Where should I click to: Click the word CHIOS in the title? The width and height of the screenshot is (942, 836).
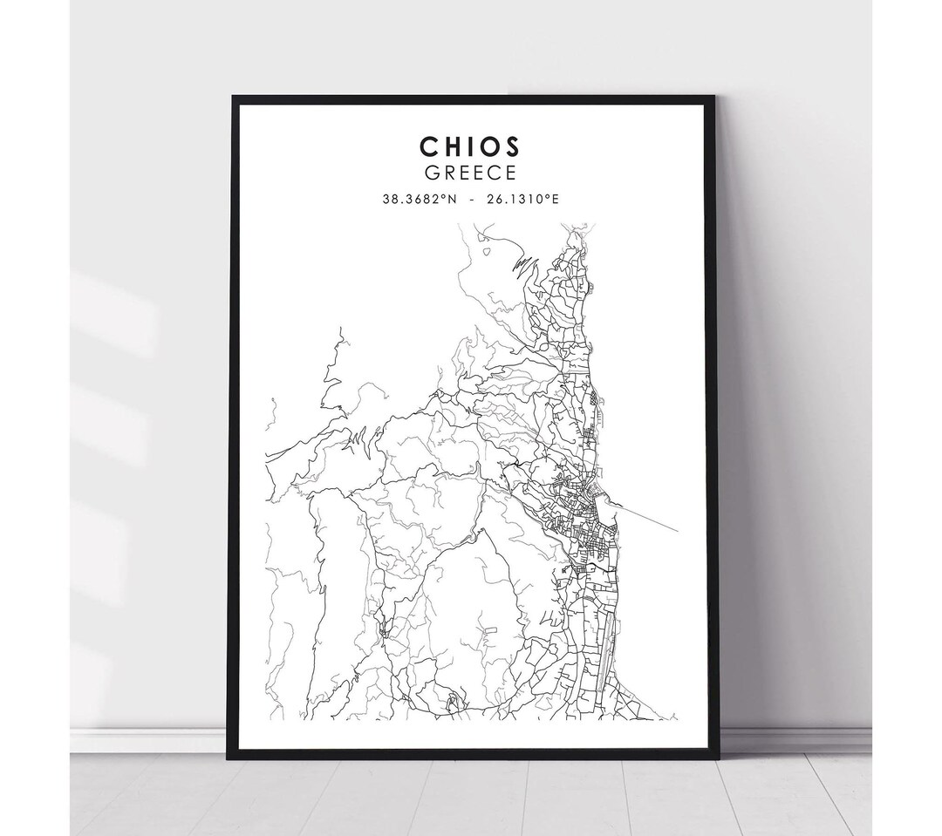coord(469,145)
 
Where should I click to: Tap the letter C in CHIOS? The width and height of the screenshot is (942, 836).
coord(429,145)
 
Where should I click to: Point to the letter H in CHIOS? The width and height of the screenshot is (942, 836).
coord(454,145)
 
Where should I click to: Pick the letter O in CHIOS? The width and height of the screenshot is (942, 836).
coord(489,145)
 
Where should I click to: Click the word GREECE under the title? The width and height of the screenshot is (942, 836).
coord(469,173)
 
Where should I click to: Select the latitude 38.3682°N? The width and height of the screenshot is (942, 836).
coord(419,200)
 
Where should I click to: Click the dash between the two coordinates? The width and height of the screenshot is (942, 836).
coord(472,200)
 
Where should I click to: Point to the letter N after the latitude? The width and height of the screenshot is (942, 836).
coord(452,200)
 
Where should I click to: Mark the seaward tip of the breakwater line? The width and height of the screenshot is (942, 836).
coord(678,530)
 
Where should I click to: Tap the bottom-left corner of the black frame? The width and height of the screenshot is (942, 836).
coord(229,757)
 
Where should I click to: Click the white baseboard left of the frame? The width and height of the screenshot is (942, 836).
coord(148,741)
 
